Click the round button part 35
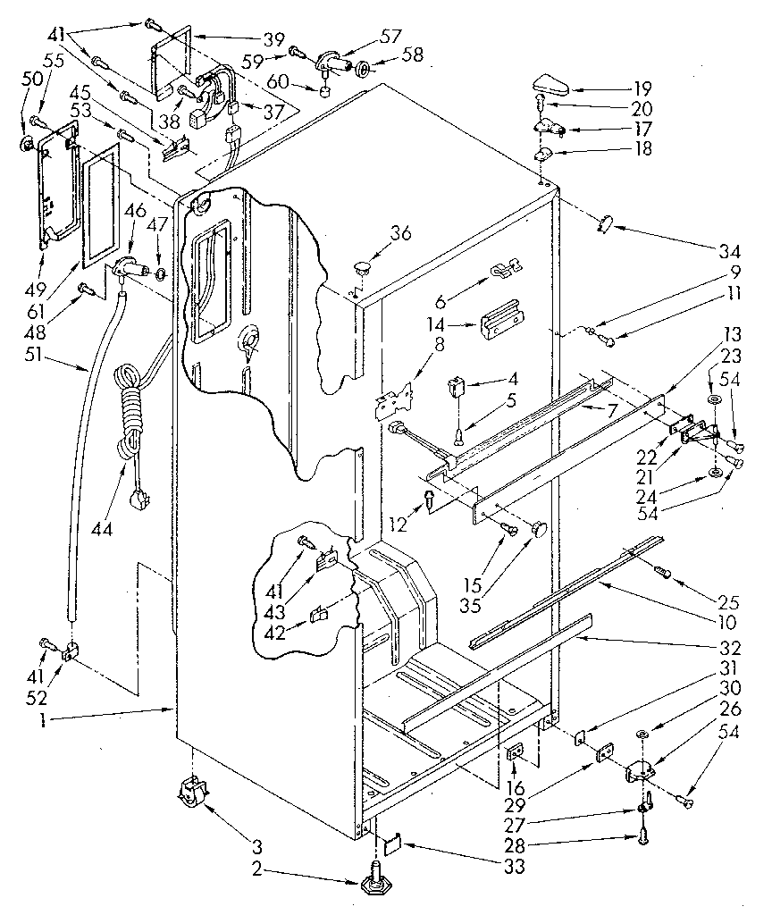540,530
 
